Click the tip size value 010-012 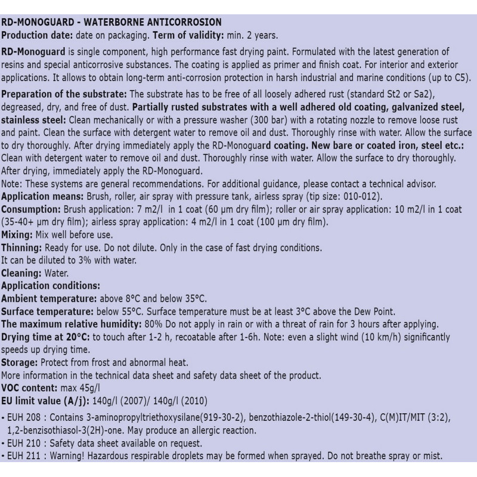[355, 197]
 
